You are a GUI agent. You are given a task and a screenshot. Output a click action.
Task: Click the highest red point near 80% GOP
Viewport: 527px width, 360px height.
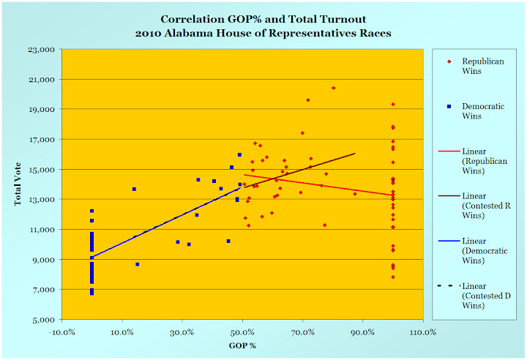point(334,88)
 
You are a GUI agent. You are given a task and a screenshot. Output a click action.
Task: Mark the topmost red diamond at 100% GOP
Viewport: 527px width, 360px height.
point(393,105)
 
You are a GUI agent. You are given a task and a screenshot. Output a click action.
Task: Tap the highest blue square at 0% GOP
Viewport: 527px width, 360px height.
point(91,211)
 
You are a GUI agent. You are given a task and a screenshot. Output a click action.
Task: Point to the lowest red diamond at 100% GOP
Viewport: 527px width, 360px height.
point(393,277)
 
